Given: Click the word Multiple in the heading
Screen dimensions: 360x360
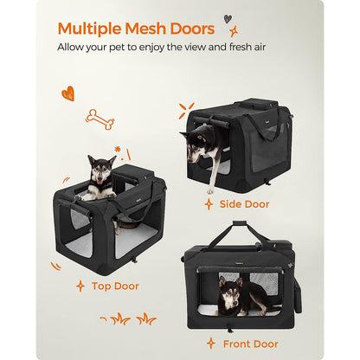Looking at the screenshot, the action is (x=89, y=29).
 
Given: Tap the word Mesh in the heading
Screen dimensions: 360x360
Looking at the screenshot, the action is (x=145, y=29).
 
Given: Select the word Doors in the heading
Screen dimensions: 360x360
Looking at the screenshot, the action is (x=192, y=29).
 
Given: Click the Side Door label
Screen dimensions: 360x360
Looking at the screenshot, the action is (x=244, y=204).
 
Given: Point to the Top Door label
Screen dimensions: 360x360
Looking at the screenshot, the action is (x=115, y=286).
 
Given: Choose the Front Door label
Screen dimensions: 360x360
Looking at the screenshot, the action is (x=250, y=344).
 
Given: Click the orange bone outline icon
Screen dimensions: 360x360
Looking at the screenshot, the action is (x=100, y=119).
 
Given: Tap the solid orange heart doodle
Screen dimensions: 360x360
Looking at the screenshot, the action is (x=68, y=93).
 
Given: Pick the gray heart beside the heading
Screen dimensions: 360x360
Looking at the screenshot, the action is (x=228, y=19).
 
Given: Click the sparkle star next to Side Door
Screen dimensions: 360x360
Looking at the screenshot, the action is (x=209, y=204).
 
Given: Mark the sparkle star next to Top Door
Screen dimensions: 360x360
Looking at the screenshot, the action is (x=80, y=286).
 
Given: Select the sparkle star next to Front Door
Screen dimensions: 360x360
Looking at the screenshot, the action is (x=211, y=344).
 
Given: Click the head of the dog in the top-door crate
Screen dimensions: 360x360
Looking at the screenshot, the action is (x=100, y=170).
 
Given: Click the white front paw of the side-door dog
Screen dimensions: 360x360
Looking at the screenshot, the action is (x=210, y=191).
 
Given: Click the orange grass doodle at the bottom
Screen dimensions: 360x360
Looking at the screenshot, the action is (x=128, y=318).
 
